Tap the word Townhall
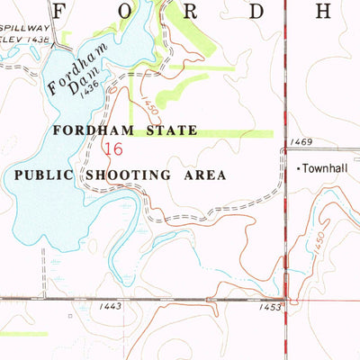[325, 168]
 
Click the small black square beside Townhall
[298, 168]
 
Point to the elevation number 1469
[301, 142]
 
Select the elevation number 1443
[111, 307]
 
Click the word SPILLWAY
[24, 31]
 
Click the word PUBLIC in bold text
[46, 175]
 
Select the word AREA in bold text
[205, 175]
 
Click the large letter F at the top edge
[61, 11]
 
